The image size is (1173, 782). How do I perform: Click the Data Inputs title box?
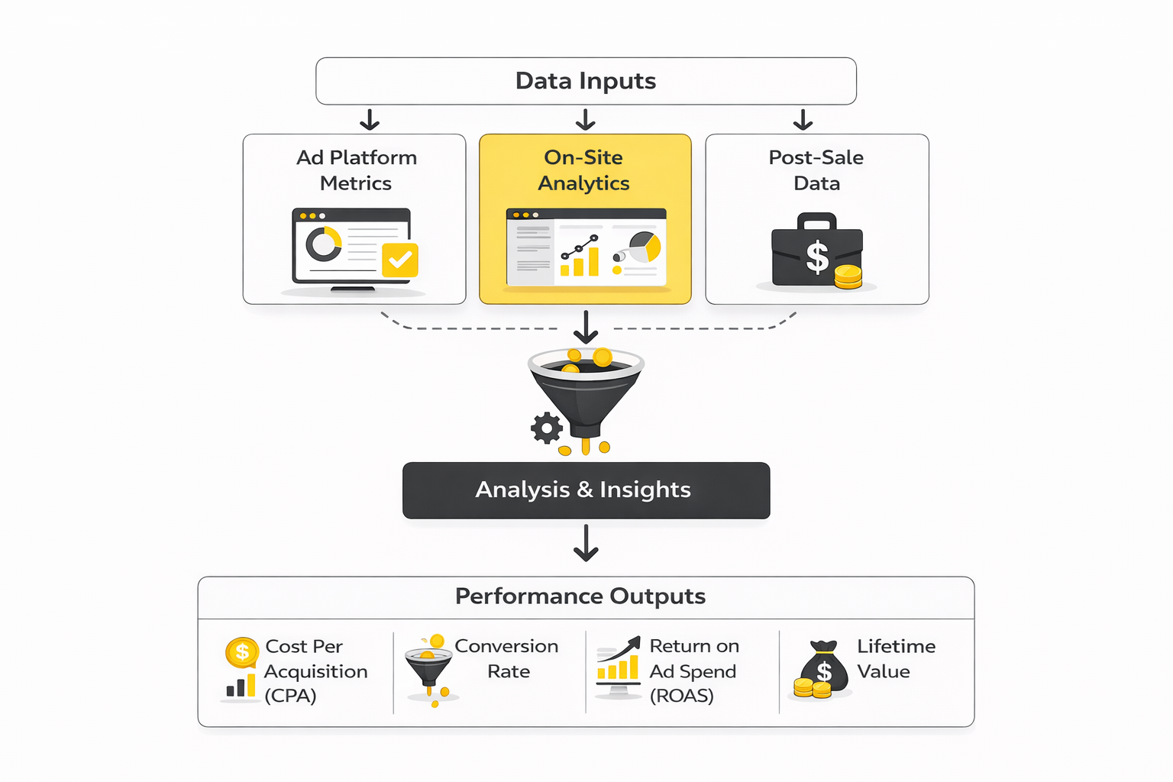click(586, 81)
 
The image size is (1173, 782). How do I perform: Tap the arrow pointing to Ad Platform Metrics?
click(370, 120)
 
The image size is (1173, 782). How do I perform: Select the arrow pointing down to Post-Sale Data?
click(803, 120)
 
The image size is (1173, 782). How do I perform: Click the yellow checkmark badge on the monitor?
click(400, 260)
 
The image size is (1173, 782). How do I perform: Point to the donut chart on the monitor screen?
click(324, 244)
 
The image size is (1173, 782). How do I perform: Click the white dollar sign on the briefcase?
click(817, 257)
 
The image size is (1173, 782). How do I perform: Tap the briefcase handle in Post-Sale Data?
click(817, 221)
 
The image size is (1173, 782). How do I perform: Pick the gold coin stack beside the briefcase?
click(848, 277)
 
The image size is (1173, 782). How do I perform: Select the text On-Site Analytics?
click(583, 170)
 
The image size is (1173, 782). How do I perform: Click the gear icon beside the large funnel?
click(547, 428)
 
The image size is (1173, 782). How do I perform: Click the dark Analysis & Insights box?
click(586, 490)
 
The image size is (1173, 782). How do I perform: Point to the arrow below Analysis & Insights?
click(586, 543)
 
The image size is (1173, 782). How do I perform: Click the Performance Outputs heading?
click(580, 596)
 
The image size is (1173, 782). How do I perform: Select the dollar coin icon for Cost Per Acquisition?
click(242, 652)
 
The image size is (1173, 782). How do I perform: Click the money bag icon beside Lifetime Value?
click(824, 666)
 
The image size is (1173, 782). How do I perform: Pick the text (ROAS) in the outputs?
click(681, 696)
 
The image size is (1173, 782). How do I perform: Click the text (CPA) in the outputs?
click(290, 696)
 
